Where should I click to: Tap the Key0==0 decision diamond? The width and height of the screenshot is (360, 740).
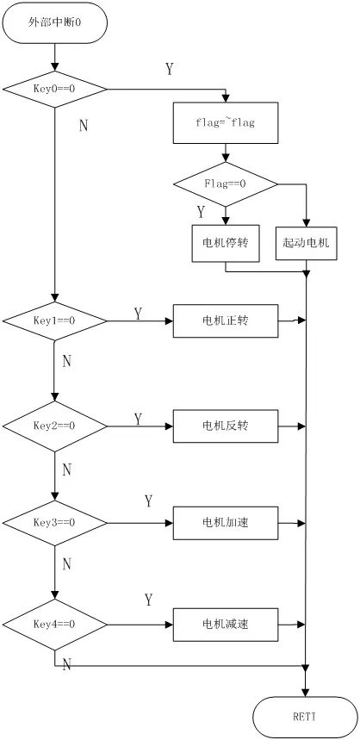point(55,89)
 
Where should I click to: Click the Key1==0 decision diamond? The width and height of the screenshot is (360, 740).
point(55,320)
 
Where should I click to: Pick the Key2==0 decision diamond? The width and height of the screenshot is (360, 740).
point(55,426)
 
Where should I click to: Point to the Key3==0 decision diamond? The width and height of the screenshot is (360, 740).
point(55,522)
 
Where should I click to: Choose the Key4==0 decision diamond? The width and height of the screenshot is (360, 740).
point(55,620)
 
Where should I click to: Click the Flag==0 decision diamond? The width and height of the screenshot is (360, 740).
point(226,183)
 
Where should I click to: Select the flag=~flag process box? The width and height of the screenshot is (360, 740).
point(226,123)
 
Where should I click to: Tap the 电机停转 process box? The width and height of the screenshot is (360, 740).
point(226,243)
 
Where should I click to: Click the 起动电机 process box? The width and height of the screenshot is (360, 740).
point(305,243)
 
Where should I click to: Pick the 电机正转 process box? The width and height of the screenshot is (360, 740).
point(226,320)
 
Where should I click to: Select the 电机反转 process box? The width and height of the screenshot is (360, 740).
point(226,426)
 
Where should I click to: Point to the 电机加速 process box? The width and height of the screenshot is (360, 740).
point(226,522)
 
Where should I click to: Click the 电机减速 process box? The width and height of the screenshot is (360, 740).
point(226,620)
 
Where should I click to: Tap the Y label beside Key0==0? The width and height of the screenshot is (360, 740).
point(169,69)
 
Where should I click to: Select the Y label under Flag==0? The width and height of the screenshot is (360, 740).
point(201,211)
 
